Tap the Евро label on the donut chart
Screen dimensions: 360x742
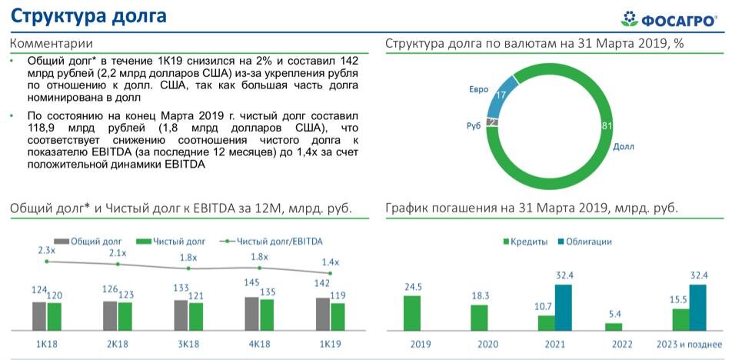[479, 89]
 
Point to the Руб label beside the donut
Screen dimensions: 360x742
[474, 125]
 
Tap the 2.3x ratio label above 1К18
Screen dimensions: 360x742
[46, 250]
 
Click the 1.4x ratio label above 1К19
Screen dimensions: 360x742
[331, 262]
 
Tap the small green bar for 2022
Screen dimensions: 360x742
[614, 326]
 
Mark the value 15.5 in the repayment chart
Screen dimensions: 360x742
[679, 299]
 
